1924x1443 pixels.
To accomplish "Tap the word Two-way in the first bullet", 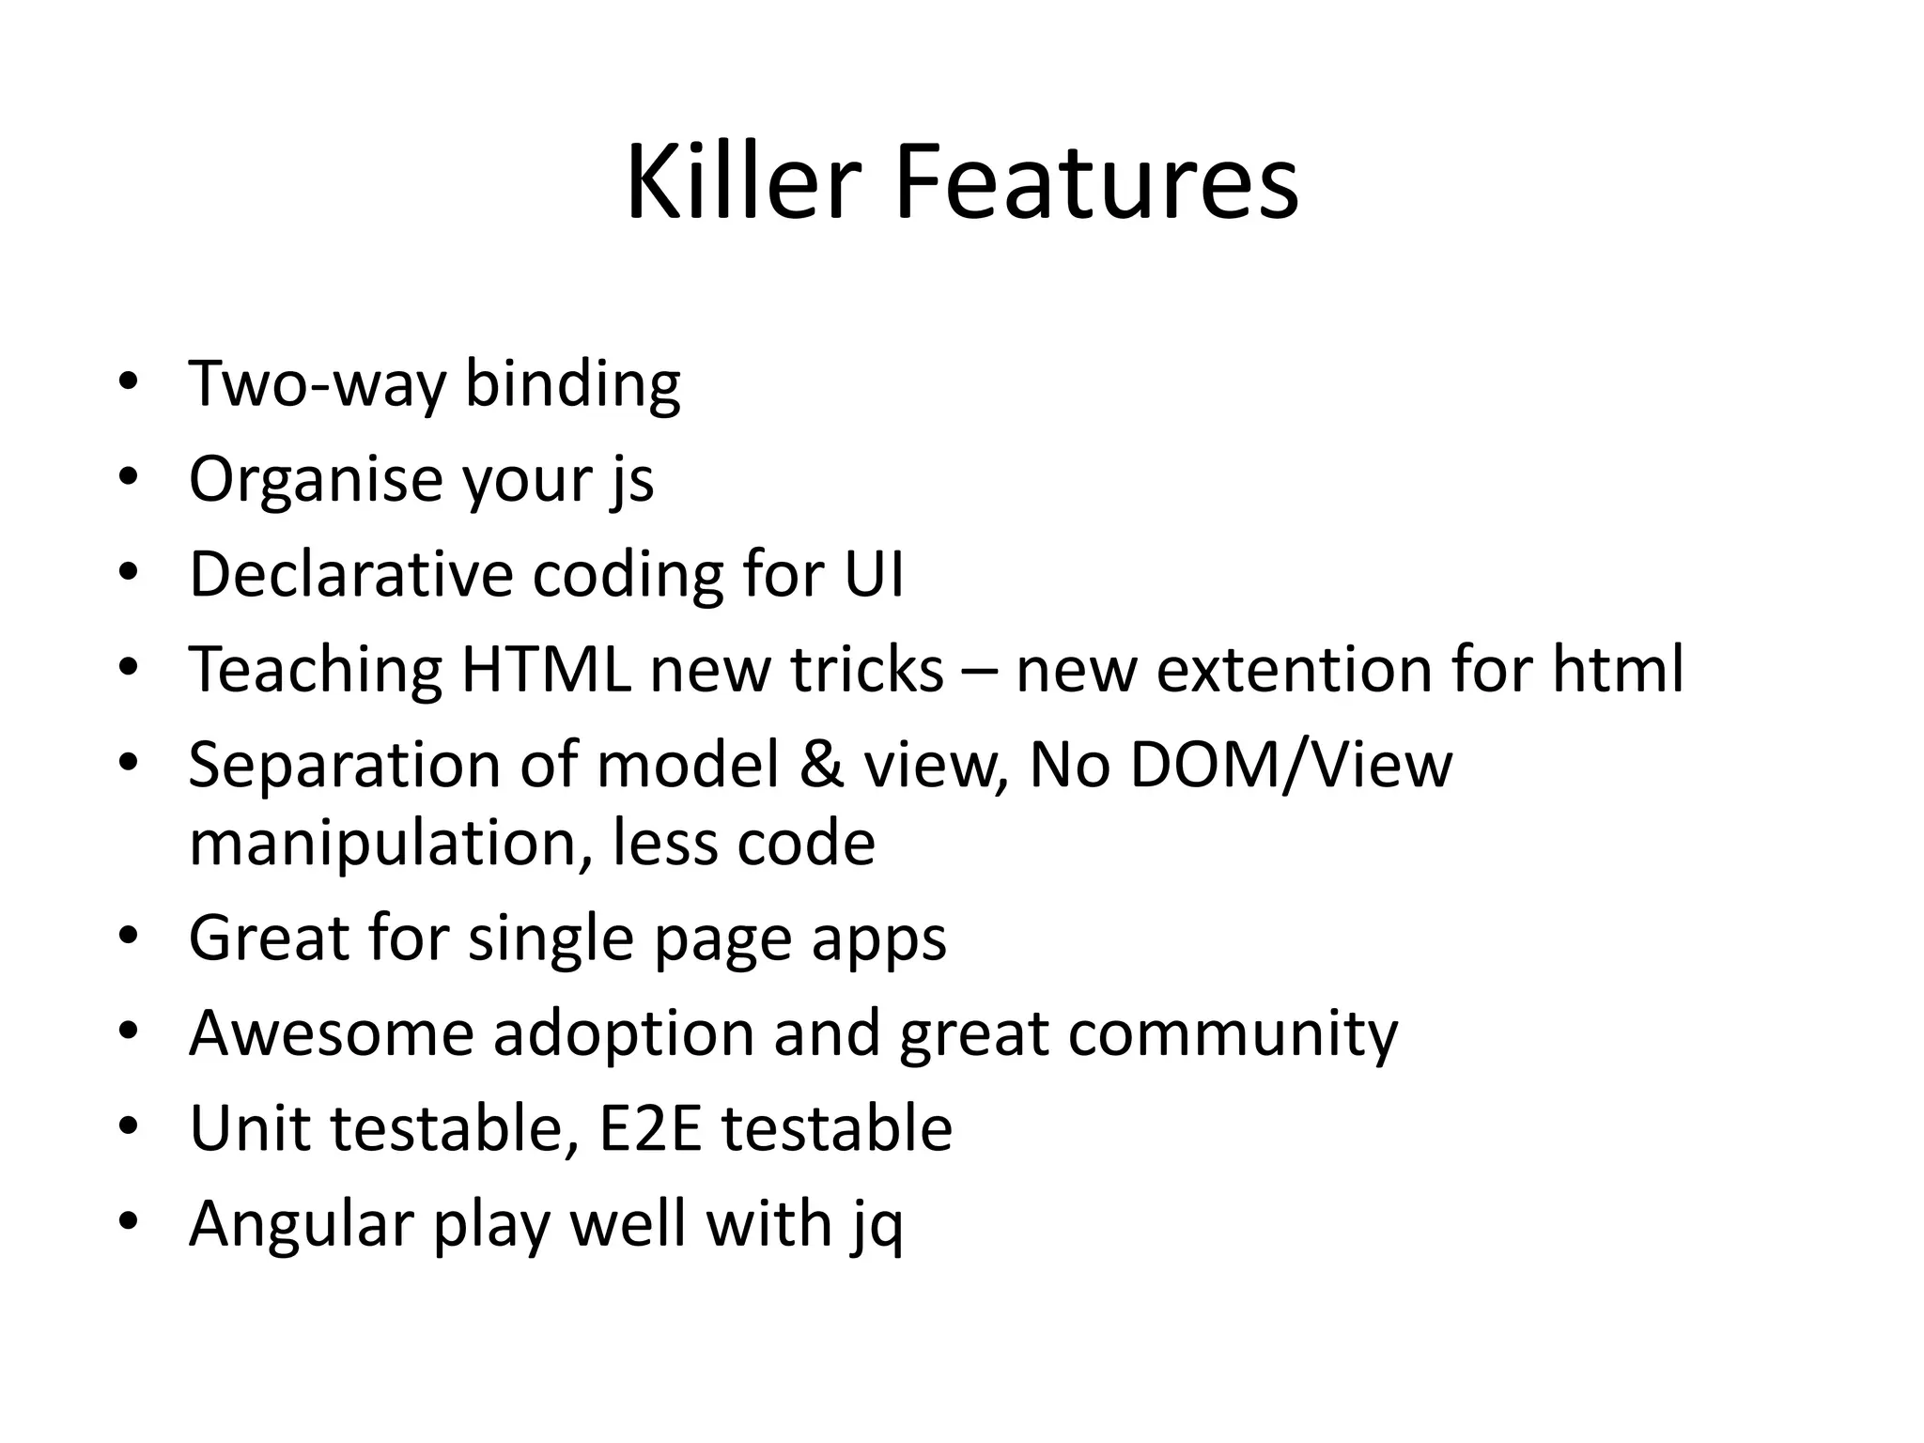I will coord(317,383).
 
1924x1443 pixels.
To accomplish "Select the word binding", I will coord(572,383).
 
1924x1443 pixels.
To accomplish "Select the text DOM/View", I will coord(1291,765).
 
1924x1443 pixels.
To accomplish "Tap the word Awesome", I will coord(332,1033).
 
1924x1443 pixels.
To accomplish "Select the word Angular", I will coord(302,1224).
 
